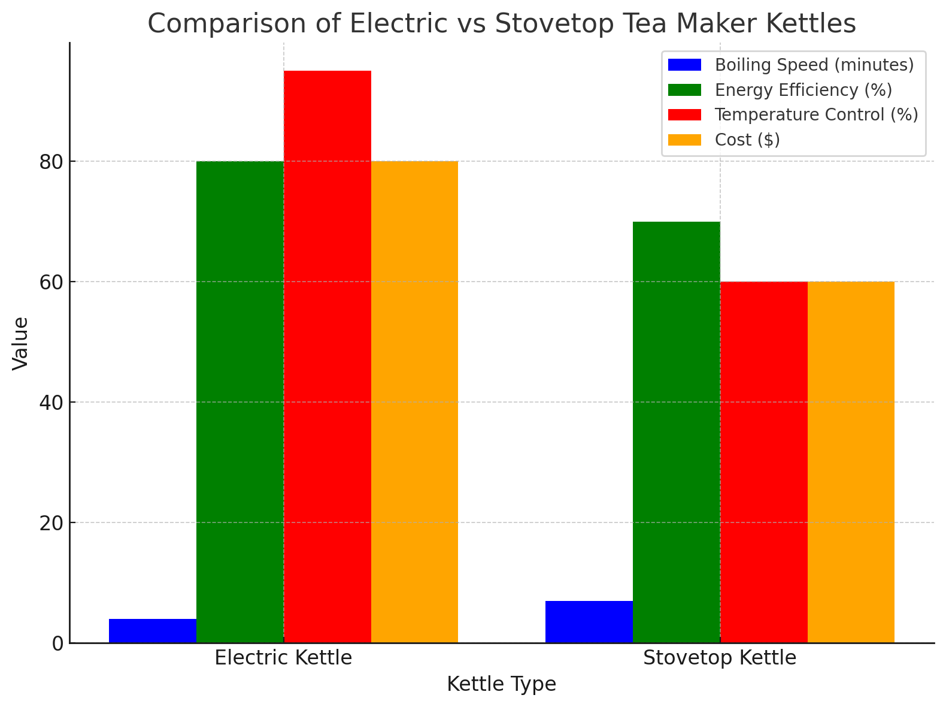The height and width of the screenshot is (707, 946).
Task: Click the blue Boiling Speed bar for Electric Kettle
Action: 153,631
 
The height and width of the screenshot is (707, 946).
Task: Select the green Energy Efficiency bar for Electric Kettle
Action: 240,402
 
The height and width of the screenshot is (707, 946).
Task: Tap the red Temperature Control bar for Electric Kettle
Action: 328,357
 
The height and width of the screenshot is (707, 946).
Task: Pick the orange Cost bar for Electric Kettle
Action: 414,402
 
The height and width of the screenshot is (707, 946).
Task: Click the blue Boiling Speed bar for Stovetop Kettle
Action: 589,622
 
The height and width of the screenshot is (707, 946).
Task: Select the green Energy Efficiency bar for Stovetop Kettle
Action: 677,432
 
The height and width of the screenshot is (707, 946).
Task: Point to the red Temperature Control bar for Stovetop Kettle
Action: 764,462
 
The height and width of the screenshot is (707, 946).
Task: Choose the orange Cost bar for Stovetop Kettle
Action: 851,462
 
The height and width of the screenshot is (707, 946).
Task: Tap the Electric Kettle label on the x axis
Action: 283,658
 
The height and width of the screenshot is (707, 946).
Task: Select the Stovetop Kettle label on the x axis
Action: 720,658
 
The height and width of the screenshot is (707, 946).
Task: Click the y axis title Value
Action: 20,343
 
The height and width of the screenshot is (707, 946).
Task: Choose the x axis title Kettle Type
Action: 501,684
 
